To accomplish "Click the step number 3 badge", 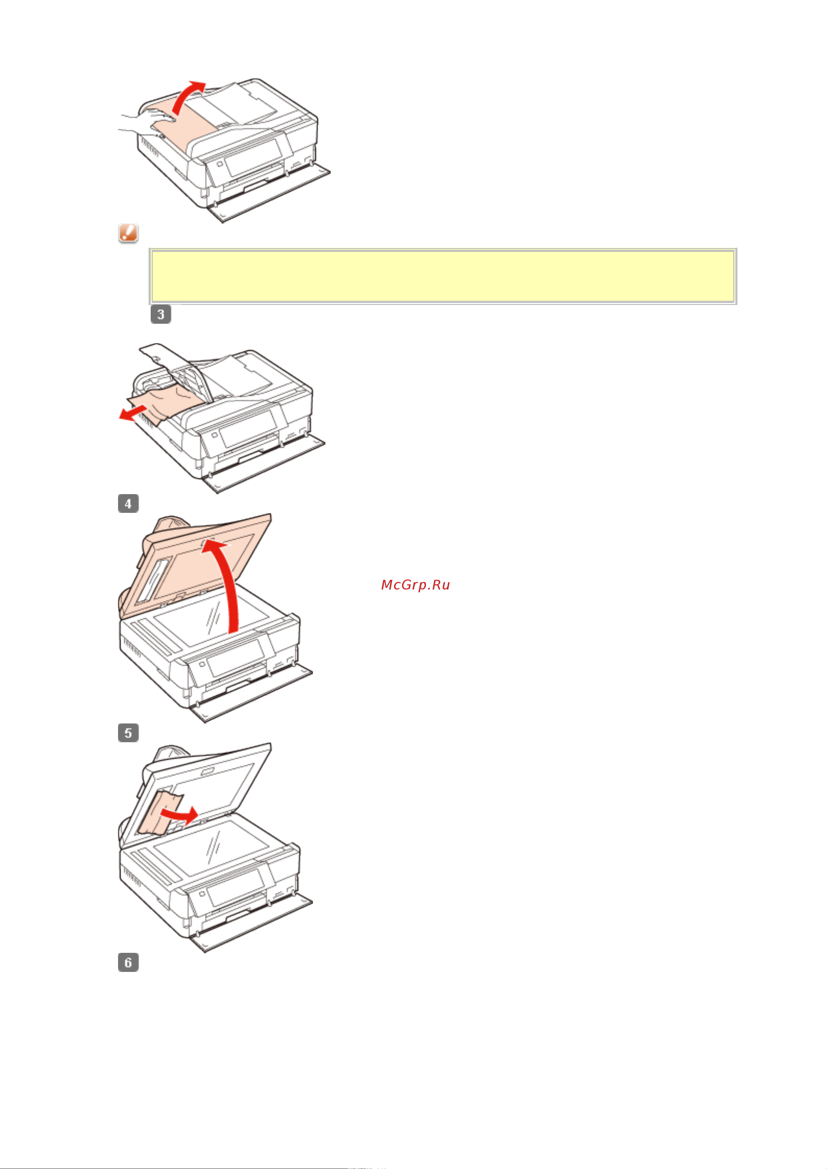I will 160,314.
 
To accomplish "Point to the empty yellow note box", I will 442,276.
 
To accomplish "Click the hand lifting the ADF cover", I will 148,122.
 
